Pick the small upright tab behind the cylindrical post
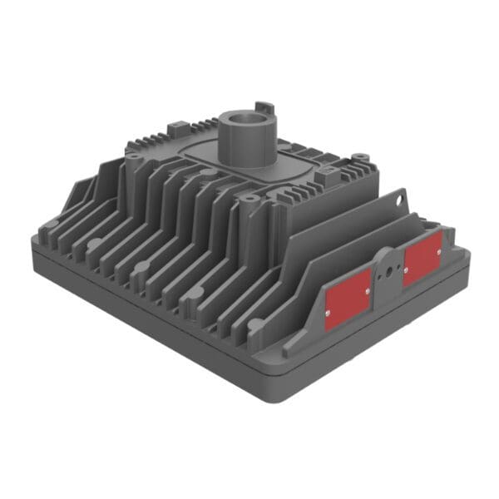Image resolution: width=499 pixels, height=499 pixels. click(x=264, y=108)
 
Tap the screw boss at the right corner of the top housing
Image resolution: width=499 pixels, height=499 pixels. click(x=358, y=156)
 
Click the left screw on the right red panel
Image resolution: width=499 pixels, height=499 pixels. click(x=406, y=269)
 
